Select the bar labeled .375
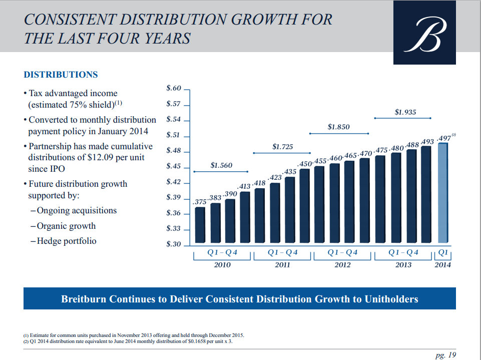click(x=200, y=226)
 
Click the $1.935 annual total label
click(x=405, y=112)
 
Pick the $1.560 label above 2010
click(x=221, y=165)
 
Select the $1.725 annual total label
click(x=283, y=147)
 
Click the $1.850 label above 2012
click(x=339, y=127)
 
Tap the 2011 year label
click(x=282, y=265)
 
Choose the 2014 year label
click(x=442, y=265)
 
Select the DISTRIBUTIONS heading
click(x=61, y=75)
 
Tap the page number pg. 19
click(x=446, y=355)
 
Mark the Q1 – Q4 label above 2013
click(x=403, y=253)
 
